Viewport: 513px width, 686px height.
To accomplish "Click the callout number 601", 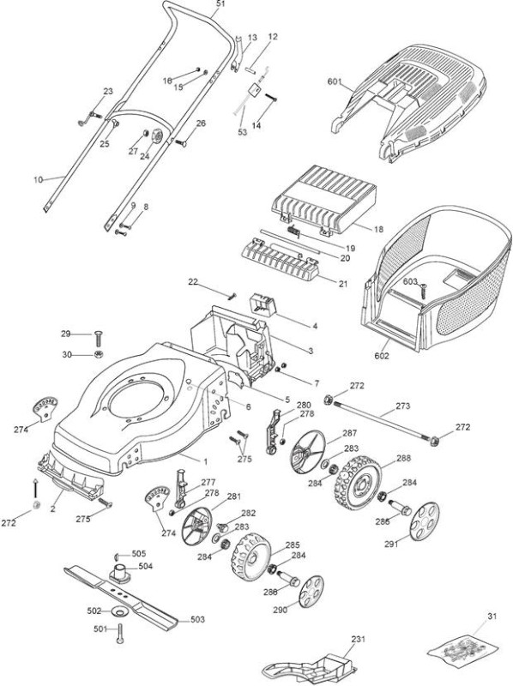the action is click(334, 81).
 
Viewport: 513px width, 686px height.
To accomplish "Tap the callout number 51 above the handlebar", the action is click(220, 4).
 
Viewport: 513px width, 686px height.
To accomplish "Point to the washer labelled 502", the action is click(117, 611).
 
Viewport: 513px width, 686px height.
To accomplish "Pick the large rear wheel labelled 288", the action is click(358, 483).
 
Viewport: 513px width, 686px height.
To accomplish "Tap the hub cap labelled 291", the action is click(424, 521).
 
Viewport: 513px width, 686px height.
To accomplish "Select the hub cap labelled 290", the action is click(311, 592).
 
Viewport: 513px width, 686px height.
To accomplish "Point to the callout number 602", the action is click(381, 356).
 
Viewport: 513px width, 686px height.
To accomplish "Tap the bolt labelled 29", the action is click(99, 340).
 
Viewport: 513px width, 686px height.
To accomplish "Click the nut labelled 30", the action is click(99, 354).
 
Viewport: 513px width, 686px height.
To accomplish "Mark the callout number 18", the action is click(379, 229).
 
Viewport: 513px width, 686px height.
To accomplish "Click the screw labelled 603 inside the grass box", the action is click(424, 290).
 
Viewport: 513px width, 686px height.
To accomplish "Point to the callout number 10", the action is click(39, 180).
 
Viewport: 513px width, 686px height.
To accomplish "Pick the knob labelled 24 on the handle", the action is click(156, 136).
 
